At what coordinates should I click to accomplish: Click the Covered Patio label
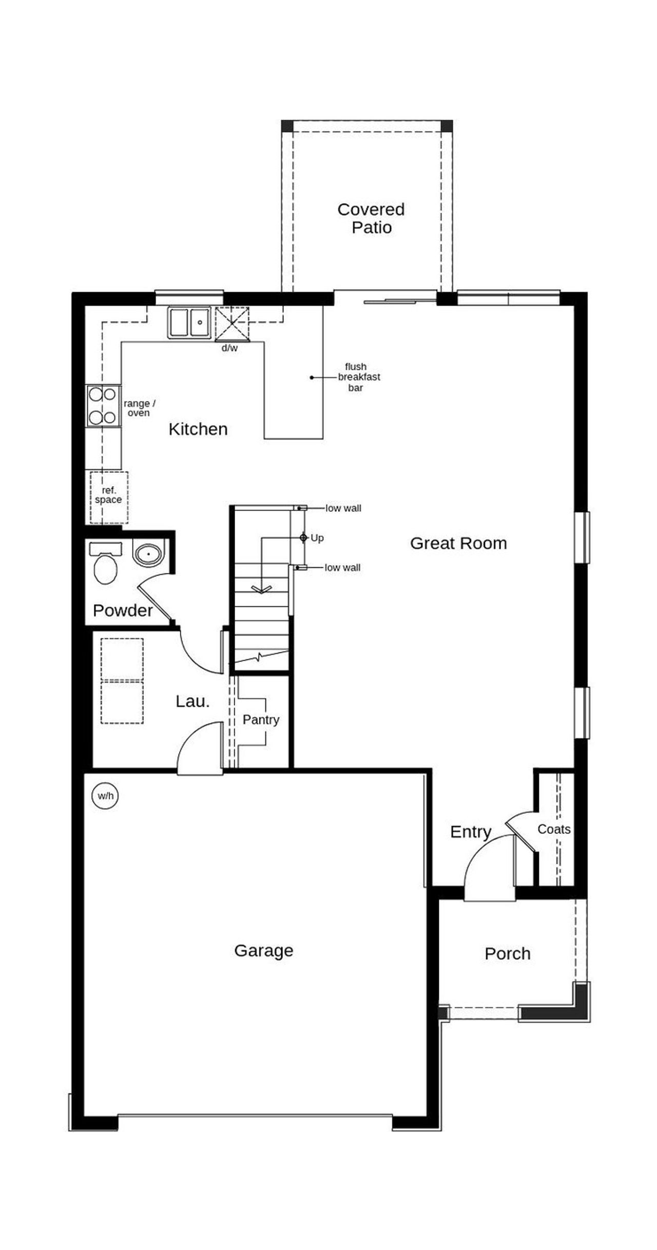[x=371, y=218]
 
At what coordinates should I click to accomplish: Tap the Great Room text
[x=458, y=543]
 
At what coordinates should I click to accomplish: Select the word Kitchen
[x=198, y=429]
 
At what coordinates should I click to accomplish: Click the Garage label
[x=264, y=951]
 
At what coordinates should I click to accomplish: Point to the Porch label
[x=508, y=954]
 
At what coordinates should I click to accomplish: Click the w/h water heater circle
[x=106, y=796]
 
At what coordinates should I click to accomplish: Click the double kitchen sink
[x=189, y=322]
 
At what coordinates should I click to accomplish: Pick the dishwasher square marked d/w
[x=231, y=324]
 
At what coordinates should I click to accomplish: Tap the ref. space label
[x=108, y=495]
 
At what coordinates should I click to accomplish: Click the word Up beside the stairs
[x=317, y=538]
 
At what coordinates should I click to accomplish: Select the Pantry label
[x=261, y=720]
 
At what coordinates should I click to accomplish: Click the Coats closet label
[x=554, y=829]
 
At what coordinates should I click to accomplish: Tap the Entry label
[x=471, y=832]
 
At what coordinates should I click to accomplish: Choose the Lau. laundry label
[x=192, y=701]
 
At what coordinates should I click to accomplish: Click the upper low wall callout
[x=343, y=508]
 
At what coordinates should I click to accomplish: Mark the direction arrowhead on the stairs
[x=261, y=590]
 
